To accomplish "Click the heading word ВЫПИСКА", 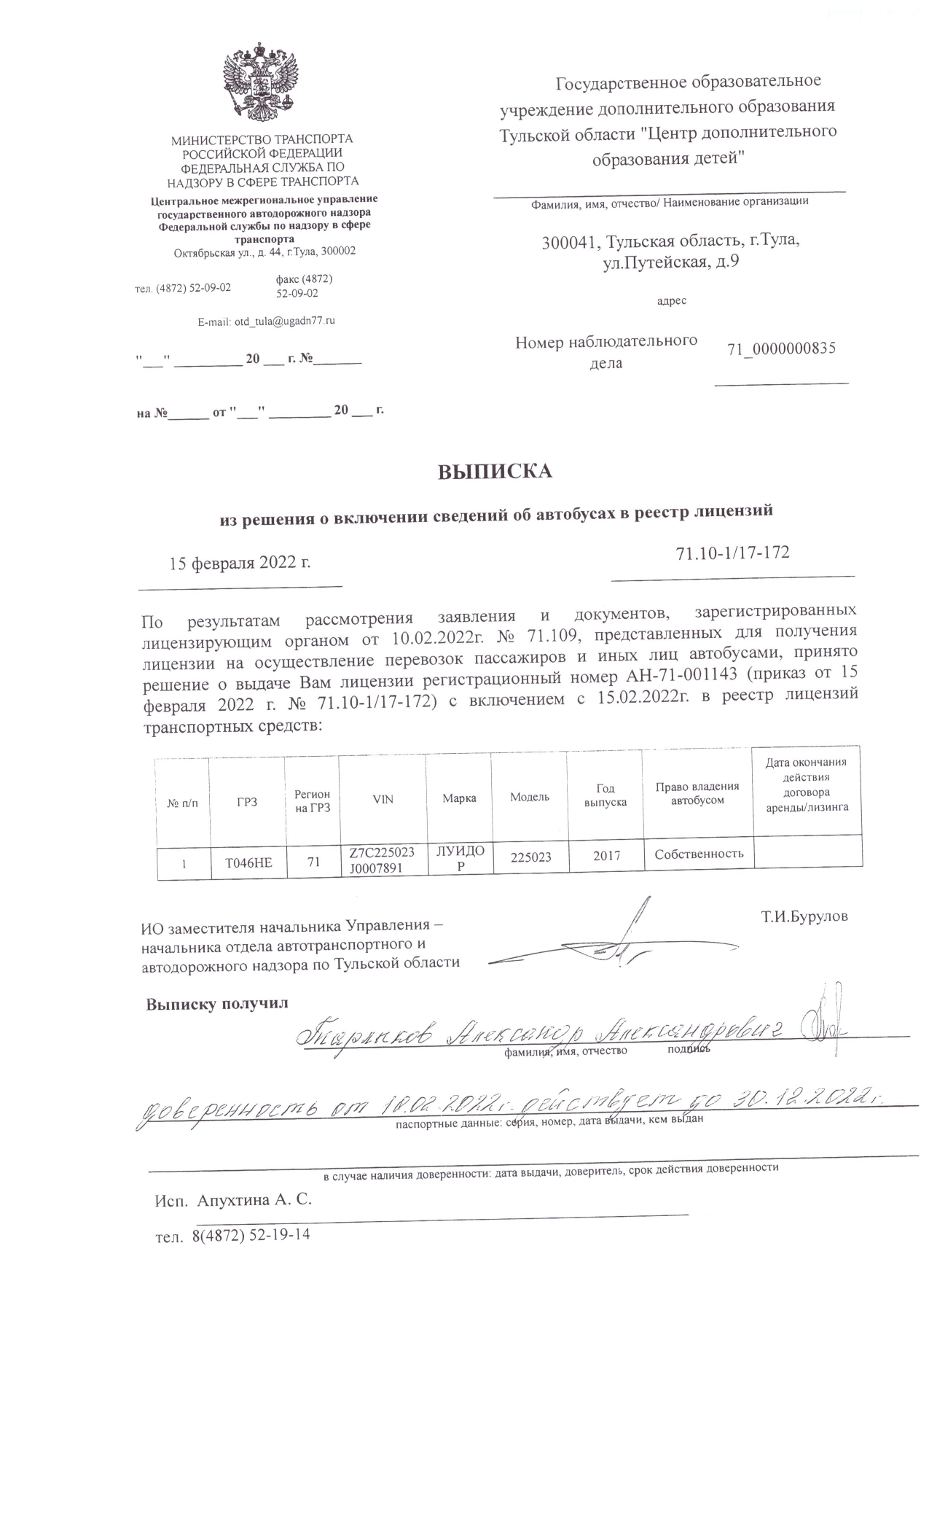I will point(495,472).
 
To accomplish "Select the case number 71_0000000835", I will point(781,348).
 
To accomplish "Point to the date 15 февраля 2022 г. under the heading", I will point(240,564).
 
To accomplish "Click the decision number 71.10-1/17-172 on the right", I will point(732,553).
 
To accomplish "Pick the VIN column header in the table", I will point(383,799).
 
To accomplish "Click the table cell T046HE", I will point(248,863).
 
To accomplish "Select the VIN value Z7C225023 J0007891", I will point(382,860).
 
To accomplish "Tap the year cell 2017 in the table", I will point(605,856).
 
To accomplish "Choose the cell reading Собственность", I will point(699,853).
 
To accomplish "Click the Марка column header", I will point(459,798).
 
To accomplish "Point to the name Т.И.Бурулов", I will point(804,917).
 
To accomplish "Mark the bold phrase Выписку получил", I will point(217,1003).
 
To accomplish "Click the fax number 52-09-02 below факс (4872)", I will point(297,294).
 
